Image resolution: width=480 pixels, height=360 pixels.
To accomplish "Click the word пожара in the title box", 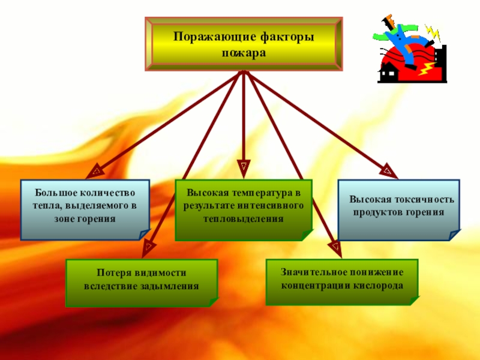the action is click(x=243, y=52).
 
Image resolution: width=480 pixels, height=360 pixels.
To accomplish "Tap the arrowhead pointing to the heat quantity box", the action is click(x=94, y=173).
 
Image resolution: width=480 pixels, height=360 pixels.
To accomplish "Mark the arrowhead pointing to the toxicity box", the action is click(x=389, y=172).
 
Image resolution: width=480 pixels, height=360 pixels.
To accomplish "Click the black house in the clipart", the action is click(x=388, y=73).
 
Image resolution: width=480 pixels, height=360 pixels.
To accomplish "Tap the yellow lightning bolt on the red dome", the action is click(x=428, y=70).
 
